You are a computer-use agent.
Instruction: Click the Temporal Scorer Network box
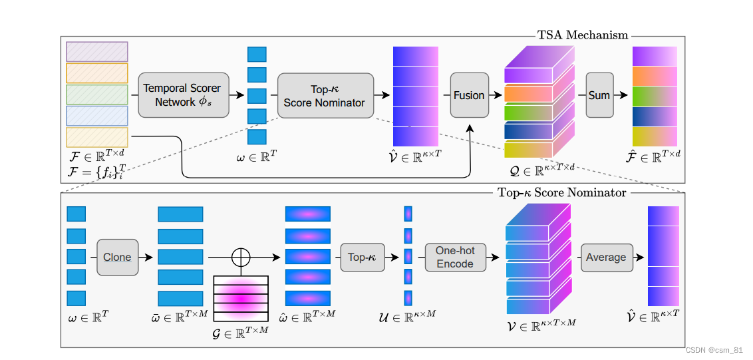tap(183, 95)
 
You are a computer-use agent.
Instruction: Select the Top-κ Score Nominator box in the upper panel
tap(325, 95)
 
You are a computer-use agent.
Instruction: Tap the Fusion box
tap(469, 95)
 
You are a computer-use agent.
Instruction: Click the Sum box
tap(599, 95)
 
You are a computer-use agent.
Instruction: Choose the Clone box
tap(117, 257)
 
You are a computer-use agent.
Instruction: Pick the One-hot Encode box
tap(455, 257)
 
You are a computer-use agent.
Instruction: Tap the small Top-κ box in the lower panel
tap(363, 257)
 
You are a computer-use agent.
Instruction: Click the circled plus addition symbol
tap(240, 257)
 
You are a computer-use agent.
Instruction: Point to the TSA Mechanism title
tap(583, 35)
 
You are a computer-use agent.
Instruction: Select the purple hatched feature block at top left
tap(96, 52)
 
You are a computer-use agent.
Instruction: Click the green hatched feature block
tap(96, 94)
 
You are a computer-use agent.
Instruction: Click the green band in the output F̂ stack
tap(654, 96)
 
